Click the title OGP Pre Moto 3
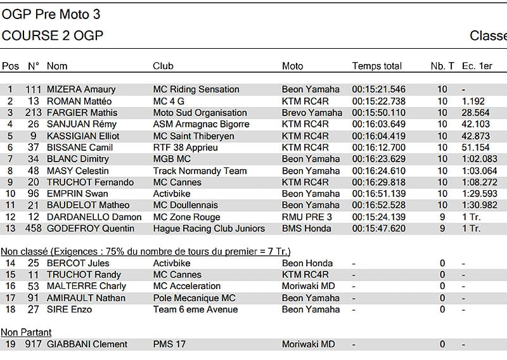(x=51, y=14)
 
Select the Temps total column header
(x=376, y=66)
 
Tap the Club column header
(x=163, y=66)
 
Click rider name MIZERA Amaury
(x=81, y=89)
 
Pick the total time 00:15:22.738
(x=378, y=101)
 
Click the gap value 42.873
(x=476, y=136)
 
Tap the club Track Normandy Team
(x=200, y=170)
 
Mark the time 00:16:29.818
(x=378, y=182)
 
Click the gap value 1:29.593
(x=479, y=194)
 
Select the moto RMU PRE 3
(x=307, y=217)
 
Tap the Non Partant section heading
(x=26, y=332)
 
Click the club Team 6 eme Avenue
(x=195, y=309)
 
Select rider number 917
(x=33, y=344)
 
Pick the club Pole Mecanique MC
(x=194, y=298)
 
